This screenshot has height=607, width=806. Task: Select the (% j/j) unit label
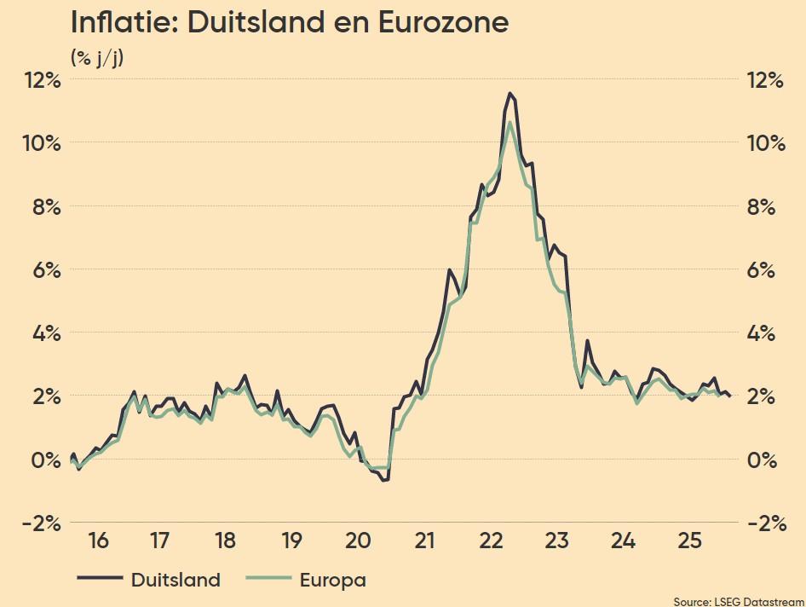pos(97,58)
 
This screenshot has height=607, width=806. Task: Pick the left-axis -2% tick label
pos(39,523)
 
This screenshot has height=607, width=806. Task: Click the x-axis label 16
pos(98,541)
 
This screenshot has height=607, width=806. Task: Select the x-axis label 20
pos(358,541)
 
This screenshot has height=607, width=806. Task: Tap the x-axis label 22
pos(491,541)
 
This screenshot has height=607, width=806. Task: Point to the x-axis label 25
pos(689,541)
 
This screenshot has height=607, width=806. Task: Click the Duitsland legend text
pos(175,581)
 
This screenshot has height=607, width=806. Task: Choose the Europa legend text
pos(332,581)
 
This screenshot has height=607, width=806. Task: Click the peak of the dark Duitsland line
pos(510,93)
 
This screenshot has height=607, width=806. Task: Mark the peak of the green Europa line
pos(510,123)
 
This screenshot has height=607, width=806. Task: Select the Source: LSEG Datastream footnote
pos(737,601)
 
